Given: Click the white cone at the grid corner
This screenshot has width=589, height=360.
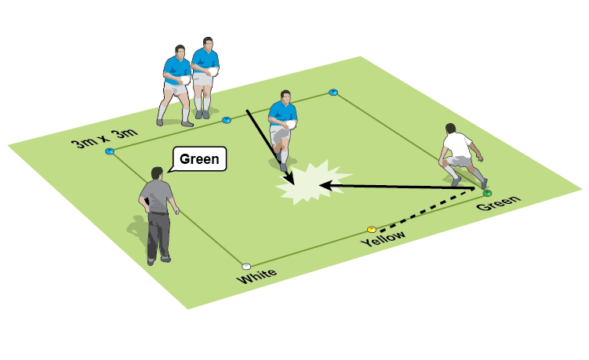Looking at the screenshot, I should coord(246,267).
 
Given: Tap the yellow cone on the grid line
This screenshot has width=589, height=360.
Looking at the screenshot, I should coord(372,230).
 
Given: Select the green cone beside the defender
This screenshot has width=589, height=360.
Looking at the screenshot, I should coord(487,192).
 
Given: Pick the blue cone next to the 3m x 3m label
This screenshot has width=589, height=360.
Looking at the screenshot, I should coord(110,151).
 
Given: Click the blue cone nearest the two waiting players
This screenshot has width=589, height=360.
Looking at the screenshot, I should coord(227,120).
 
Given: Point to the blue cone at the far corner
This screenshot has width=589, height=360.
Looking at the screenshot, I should coord(333,93).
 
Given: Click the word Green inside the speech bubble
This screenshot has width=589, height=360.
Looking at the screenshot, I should coord(198,160).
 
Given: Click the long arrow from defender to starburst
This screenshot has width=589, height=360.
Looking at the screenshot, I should coord(400,187).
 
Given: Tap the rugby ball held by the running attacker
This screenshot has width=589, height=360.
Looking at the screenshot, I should coord(290,123).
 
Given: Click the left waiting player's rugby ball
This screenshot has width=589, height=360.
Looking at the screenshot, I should coord(185,78).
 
